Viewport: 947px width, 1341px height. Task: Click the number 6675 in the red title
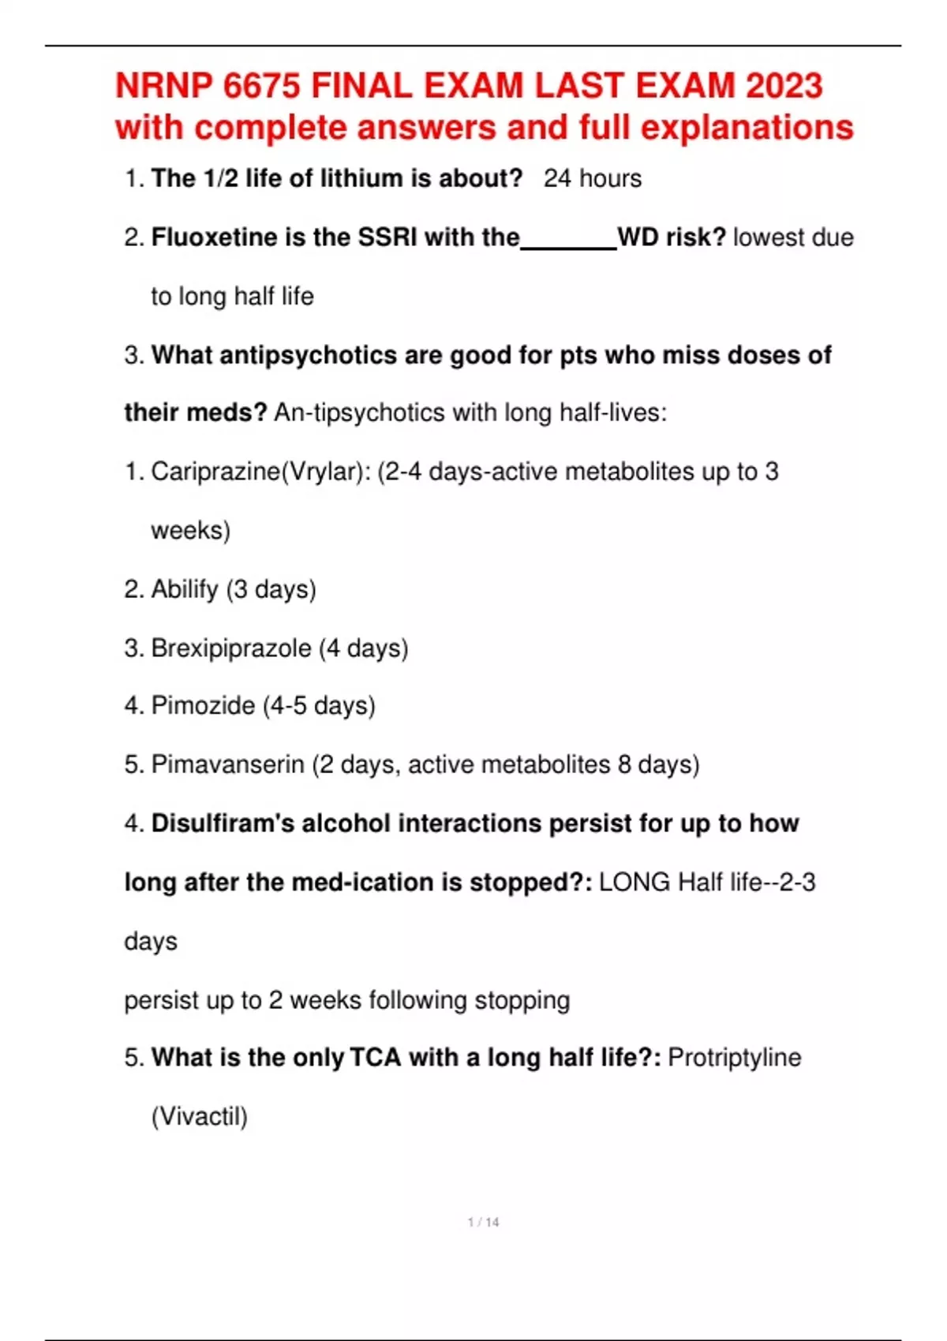click(x=262, y=86)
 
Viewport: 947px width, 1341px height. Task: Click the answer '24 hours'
click(x=592, y=178)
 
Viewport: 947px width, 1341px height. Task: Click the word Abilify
click(x=184, y=589)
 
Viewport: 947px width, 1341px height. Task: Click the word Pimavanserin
click(x=227, y=764)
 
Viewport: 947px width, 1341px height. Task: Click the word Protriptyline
click(x=734, y=1057)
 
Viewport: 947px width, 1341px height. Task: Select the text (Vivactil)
click(x=199, y=1116)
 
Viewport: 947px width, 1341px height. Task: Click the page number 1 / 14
click(x=483, y=1222)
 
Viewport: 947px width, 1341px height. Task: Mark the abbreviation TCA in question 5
click(x=376, y=1057)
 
